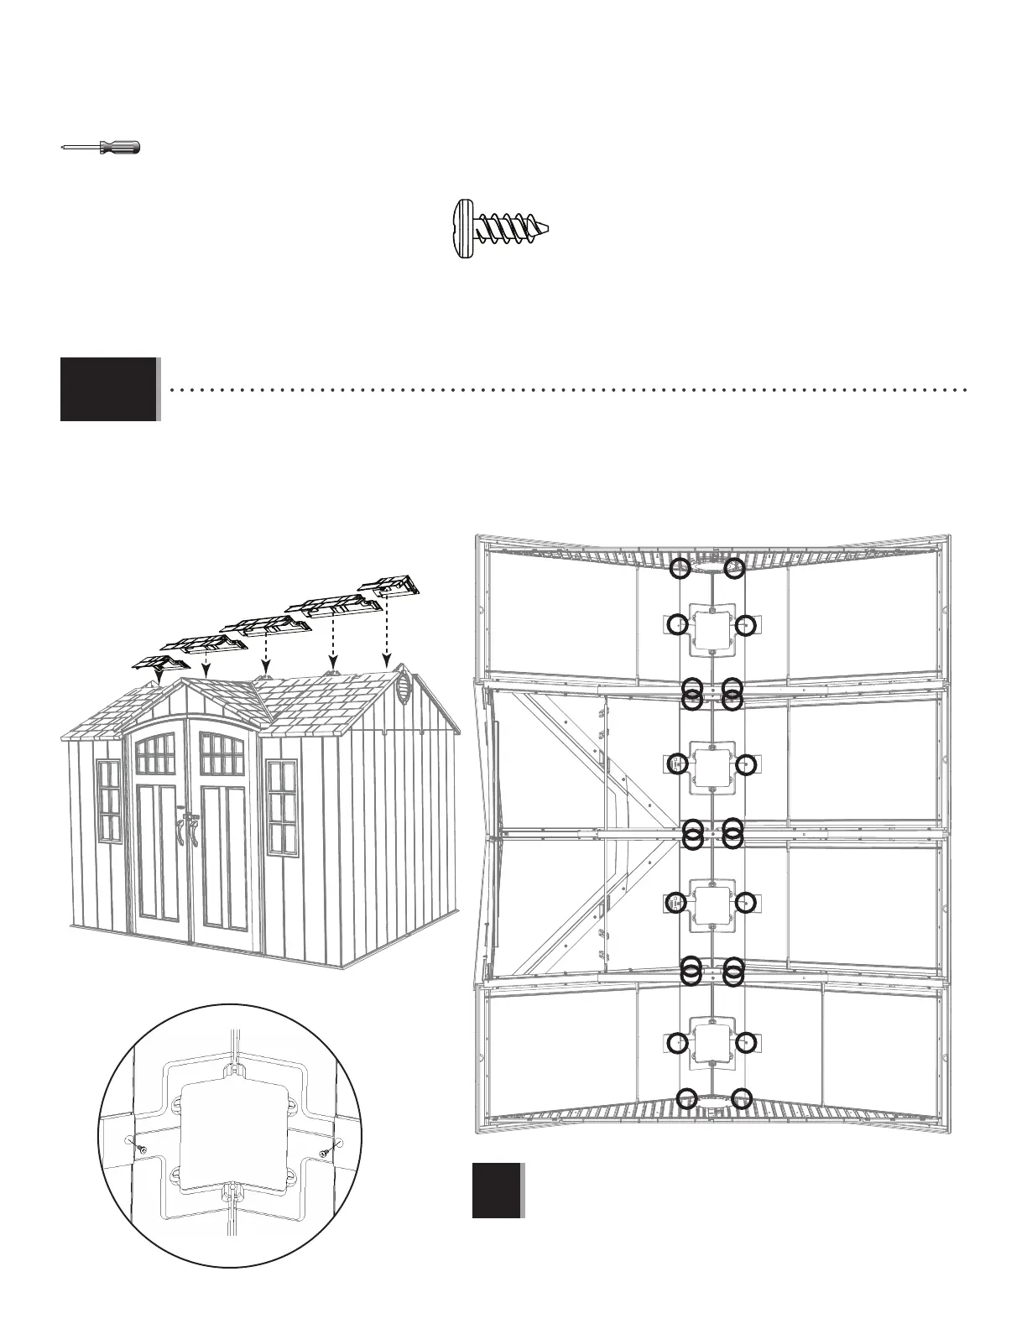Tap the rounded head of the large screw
coord(461,229)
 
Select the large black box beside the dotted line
coord(109,389)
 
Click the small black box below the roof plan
coord(497,1190)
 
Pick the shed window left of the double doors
coord(110,800)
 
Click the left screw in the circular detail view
coord(142,1147)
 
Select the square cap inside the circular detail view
coord(230,1123)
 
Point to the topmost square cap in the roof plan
coord(712,626)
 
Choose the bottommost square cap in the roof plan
coord(712,1043)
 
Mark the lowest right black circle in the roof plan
coord(740,1098)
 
